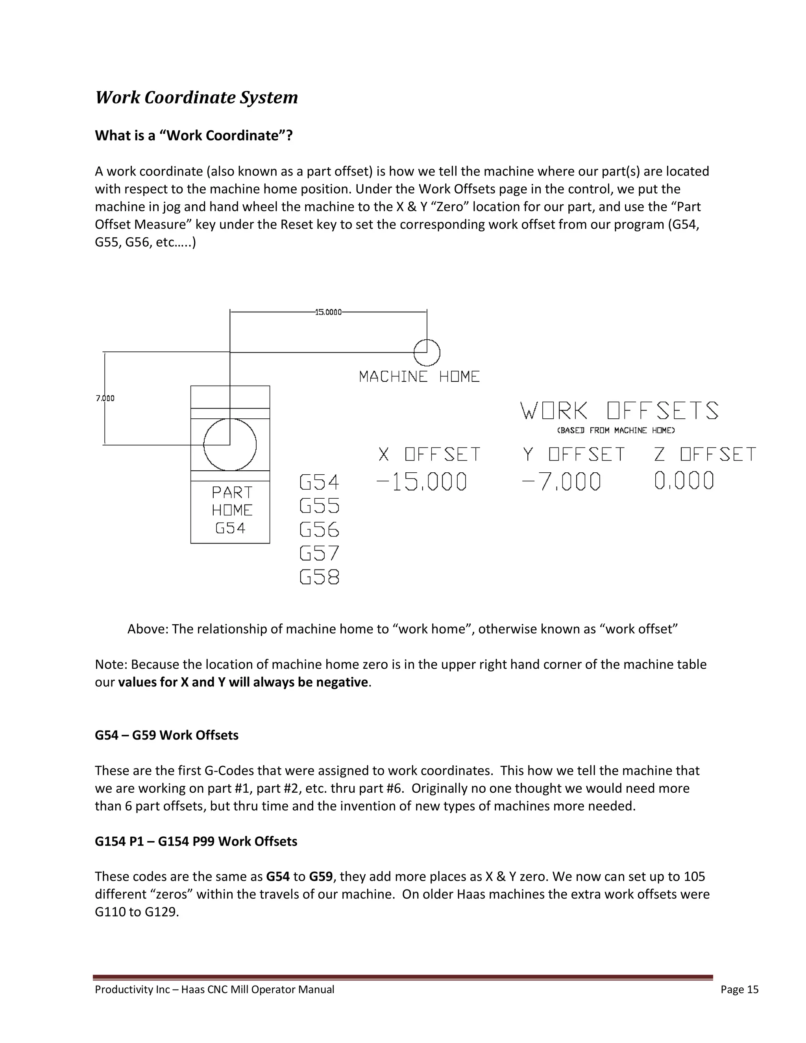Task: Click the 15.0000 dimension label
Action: pos(328,313)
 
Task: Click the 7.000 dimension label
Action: pos(105,398)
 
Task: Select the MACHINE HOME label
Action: pos(419,377)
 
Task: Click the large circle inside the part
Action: pos(230,445)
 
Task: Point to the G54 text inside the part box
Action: pos(230,528)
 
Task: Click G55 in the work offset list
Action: pos(319,506)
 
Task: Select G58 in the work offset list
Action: pos(319,577)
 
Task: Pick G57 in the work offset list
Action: pos(319,553)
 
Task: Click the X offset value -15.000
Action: pos(421,481)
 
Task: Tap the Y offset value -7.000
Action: pos(562,481)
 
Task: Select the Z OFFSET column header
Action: pos(705,454)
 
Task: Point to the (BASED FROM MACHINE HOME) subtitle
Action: pos(616,431)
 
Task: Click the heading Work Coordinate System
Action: pos(196,98)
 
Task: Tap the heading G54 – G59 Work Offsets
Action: pos(166,735)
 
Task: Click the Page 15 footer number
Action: pos(739,989)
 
